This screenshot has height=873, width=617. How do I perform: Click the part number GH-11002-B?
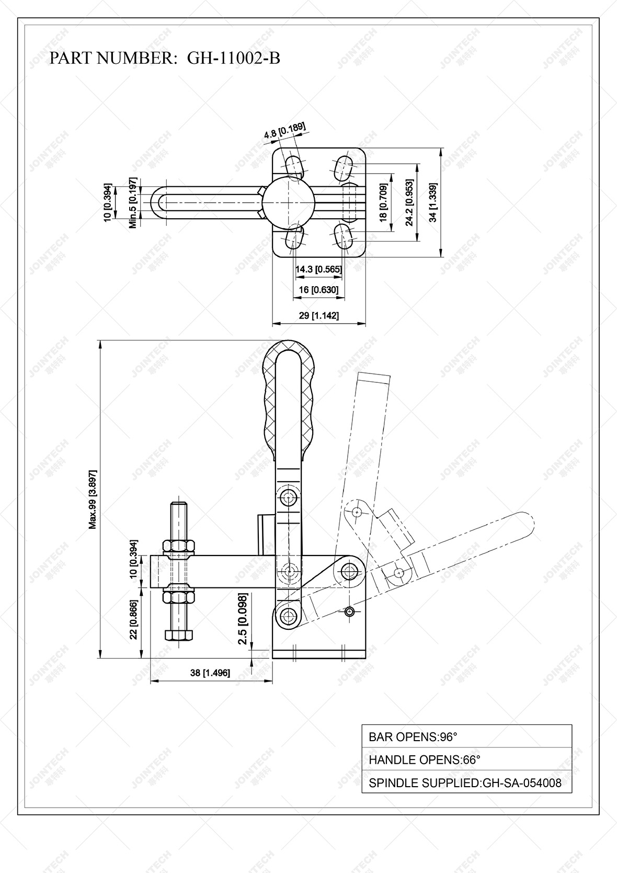233,58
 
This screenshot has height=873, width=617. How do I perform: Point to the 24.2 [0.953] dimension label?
409,202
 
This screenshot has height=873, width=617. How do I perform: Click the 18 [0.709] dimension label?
384,202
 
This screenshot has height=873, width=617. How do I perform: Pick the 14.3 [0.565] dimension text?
318,269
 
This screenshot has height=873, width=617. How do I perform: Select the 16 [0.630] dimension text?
318,290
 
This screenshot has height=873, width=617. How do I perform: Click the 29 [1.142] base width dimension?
318,315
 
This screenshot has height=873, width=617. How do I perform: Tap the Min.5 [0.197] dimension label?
133,202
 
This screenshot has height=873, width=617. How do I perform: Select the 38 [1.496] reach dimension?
210,673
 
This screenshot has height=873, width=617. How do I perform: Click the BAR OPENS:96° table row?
466,737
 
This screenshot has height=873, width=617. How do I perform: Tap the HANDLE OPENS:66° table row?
466,759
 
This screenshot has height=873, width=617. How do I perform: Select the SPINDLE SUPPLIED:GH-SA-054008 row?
466,783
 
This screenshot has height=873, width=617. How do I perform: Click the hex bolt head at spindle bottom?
179,635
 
